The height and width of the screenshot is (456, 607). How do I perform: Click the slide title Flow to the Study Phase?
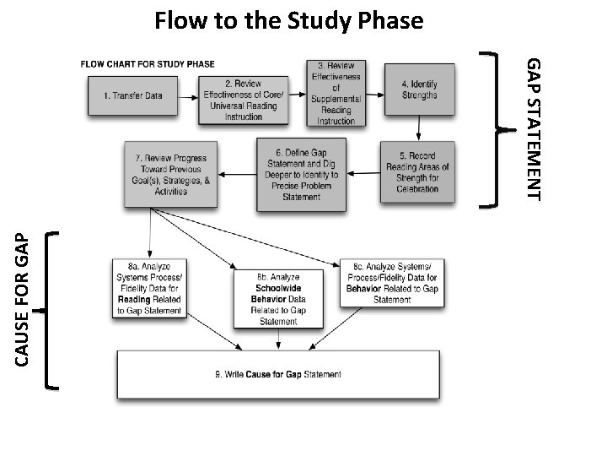[x=288, y=19]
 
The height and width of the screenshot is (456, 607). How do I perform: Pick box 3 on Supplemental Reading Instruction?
[x=336, y=94]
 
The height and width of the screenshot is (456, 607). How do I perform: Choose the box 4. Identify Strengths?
[x=419, y=90]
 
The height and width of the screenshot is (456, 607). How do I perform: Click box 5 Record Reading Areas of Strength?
[x=419, y=171]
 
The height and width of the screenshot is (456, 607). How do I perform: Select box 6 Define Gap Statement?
[x=302, y=174]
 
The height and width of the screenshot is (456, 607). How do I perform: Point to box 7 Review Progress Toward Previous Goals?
[x=171, y=175]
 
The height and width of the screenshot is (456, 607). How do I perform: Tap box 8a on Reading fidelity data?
[x=149, y=288]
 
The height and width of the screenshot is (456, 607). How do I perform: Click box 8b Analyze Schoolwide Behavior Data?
[x=278, y=298]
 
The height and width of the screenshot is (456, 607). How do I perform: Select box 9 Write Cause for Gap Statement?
[x=277, y=374]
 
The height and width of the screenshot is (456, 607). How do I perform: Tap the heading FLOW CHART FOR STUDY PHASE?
[x=148, y=63]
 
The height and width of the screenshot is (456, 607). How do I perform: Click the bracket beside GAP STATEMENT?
[x=497, y=128]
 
